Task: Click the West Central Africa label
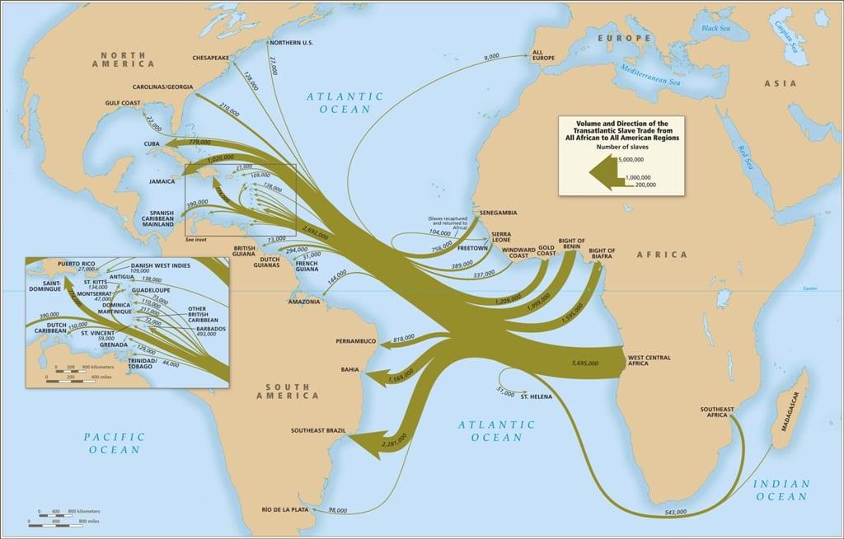(x=648, y=360)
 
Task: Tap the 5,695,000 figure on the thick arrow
(x=588, y=362)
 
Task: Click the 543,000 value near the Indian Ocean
(x=676, y=513)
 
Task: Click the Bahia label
(x=349, y=370)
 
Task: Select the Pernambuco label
(x=355, y=340)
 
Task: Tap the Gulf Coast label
(x=124, y=103)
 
